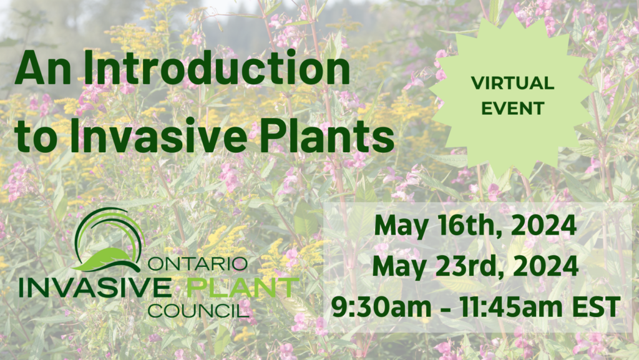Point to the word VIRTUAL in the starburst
pyautogui.click(x=512, y=82)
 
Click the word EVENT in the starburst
pyautogui.click(x=512, y=107)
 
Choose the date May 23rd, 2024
pyautogui.click(x=476, y=266)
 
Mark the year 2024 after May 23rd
pyautogui.click(x=548, y=266)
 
